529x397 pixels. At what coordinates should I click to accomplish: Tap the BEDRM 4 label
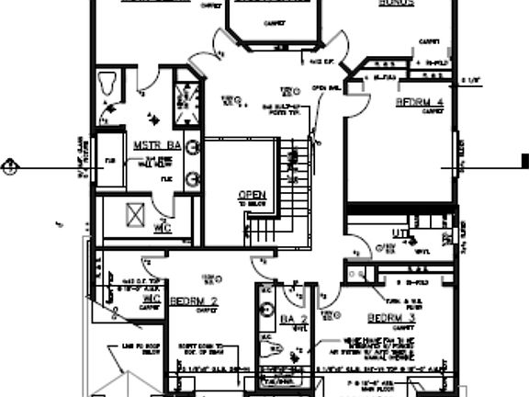coord(421,101)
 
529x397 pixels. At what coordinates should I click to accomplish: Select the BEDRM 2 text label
coord(194,301)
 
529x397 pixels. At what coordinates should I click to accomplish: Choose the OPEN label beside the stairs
coord(251,195)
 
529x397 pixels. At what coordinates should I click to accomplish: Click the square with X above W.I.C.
coord(135,213)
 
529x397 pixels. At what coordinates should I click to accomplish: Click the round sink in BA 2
coord(267,309)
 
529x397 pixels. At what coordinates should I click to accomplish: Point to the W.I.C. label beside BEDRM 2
coord(151,300)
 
